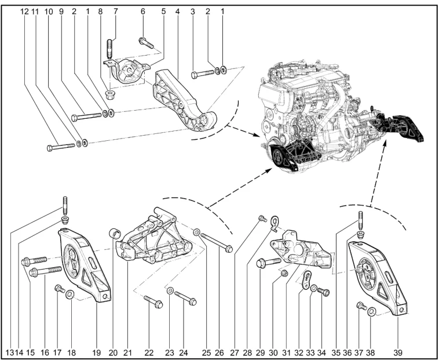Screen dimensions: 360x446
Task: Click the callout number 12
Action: tap(25, 10)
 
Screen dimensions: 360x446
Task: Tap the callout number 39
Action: tap(399, 351)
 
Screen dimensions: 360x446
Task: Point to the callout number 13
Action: tap(10, 351)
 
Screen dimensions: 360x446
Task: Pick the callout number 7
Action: tap(115, 10)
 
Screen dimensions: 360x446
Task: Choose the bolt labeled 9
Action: tap(87, 117)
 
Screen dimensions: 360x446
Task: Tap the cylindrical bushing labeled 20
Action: tap(115, 234)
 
